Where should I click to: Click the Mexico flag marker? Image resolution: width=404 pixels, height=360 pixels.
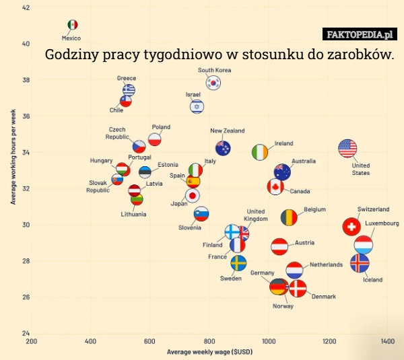pos(73,25)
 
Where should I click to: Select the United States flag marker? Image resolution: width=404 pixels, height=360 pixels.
pos(347,149)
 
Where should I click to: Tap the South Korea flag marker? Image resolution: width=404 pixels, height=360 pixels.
pos(213,83)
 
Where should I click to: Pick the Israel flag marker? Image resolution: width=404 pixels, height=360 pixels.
pos(197,106)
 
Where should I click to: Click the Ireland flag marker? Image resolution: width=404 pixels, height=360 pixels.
pos(260,152)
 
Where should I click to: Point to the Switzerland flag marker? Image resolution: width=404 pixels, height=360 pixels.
pos(351,226)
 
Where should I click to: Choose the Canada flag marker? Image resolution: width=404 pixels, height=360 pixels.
pos(275,187)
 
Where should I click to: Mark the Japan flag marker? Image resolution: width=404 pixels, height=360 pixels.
pos(193,196)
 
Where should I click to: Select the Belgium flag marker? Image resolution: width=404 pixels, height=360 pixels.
pos(289,217)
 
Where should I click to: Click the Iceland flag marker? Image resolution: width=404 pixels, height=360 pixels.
pos(359,263)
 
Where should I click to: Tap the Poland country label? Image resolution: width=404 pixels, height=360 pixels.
pos(161,127)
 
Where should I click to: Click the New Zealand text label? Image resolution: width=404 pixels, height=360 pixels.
pos(227,131)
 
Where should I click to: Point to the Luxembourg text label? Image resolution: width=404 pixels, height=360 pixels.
pos(382,223)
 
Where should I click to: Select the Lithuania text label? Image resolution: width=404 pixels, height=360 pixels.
pos(133,214)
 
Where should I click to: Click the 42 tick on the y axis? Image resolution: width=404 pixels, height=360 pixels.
pos(26,7)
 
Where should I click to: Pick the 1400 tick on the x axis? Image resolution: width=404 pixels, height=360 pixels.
pos(387,342)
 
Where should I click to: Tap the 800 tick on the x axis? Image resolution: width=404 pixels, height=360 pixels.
pos(209,342)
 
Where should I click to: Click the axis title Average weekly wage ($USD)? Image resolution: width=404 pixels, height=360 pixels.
pos(209,352)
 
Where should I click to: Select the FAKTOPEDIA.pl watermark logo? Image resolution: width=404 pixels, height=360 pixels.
pos(360,34)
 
